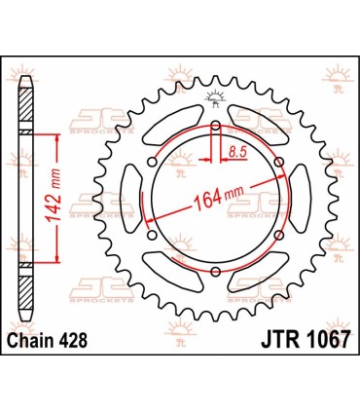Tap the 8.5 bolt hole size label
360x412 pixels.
pyautogui.click(x=235, y=151)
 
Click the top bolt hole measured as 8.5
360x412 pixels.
pyautogui.click(x=215, y=126)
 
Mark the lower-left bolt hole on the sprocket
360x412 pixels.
pyautogui.click(x=151, y=238)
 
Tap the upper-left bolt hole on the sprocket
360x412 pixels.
pyautogui.click(x=151, y=163)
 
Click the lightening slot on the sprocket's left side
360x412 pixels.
pyautogui.click(x=129, y=200)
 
